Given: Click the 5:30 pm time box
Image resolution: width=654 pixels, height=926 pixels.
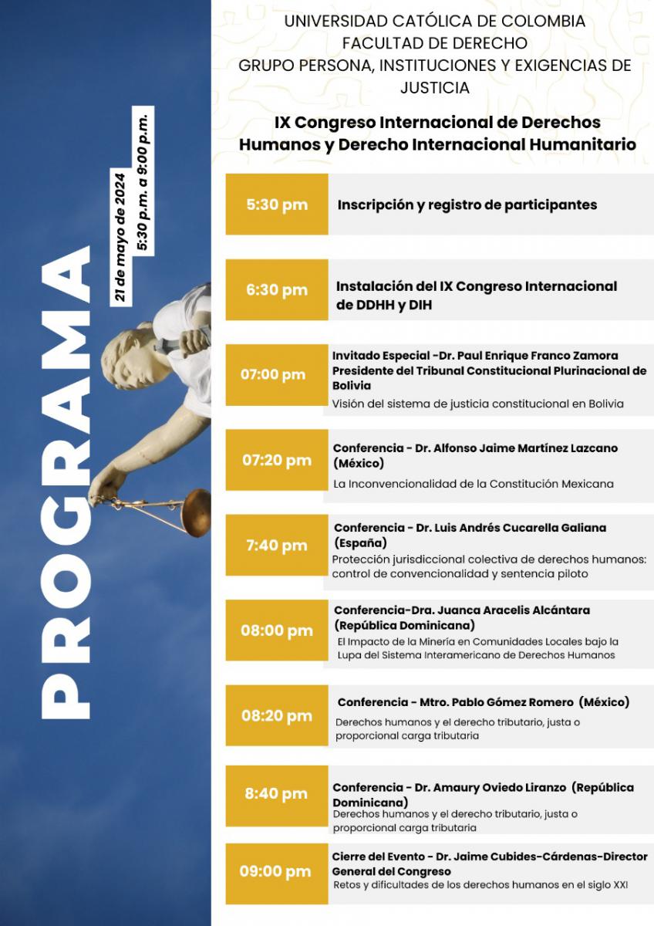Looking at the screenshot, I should [x=277, y=204].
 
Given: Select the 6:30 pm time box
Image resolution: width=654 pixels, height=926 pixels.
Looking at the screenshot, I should [x=277, y=290].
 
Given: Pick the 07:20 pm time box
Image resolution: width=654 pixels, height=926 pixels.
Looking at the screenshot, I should [x=277, y=461].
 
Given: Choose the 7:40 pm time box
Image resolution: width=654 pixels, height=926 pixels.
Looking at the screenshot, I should [x=277, y=546].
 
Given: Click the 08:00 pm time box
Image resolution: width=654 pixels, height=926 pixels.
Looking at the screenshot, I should [x=277, y=630].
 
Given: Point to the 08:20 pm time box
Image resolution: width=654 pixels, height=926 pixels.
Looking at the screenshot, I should [x=277, y=715].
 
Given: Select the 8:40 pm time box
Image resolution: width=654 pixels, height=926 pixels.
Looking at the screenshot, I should [x=277, y=793].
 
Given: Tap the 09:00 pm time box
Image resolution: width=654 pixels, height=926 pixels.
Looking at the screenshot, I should [x=275, y=871].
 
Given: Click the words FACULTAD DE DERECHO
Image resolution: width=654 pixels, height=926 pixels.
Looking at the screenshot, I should [x=435, y=43].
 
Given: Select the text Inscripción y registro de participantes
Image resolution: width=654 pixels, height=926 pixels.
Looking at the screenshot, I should [x=467, y=205].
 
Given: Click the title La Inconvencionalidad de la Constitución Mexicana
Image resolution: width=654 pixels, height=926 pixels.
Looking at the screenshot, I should [x=474, y=484].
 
